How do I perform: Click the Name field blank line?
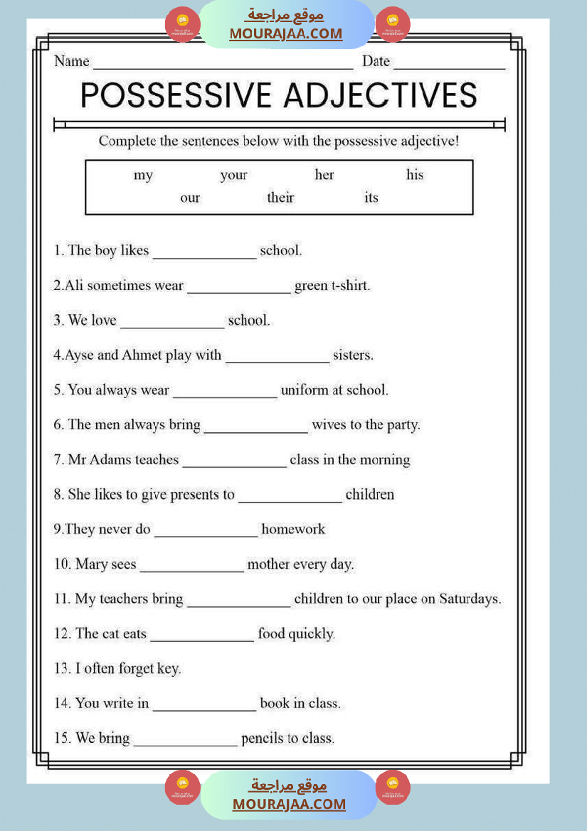point(223,65)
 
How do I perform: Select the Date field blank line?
point(449,65)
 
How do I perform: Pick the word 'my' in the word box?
point(143,175)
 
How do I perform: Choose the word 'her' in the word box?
point(324,175)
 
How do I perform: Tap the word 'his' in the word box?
point(414,175)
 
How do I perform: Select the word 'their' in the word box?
point(280,198)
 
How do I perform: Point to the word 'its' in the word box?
point(371,198)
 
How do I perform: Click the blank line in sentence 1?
point(204,256)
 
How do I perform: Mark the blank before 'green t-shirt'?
point(239,291)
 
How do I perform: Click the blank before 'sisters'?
point(277,360)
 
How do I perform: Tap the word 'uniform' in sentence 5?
point(305,390)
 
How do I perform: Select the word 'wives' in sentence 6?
point(329,425)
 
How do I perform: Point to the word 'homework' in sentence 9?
point(293,530)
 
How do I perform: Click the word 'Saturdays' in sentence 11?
point(470,599)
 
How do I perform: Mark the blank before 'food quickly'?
point(202,639)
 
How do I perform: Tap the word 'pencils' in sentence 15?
point(264,739)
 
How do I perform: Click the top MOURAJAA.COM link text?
point(285,33)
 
